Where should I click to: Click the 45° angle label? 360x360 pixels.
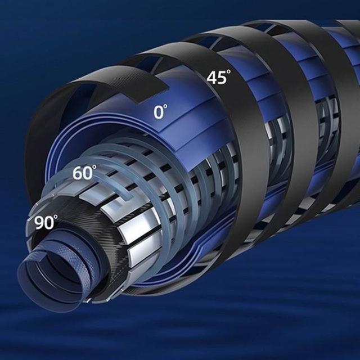coord(219,77)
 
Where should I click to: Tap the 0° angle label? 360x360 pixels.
coord(160,112)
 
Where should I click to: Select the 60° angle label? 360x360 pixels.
coord(84,172)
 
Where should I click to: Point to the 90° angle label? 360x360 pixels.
coord(46,222)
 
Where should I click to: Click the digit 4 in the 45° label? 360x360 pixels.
coord(211,78)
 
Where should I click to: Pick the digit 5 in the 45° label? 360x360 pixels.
coord(221,78)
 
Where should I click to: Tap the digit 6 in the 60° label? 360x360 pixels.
coord(78,173)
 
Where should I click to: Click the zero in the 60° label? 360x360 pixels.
coord(88,173)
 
